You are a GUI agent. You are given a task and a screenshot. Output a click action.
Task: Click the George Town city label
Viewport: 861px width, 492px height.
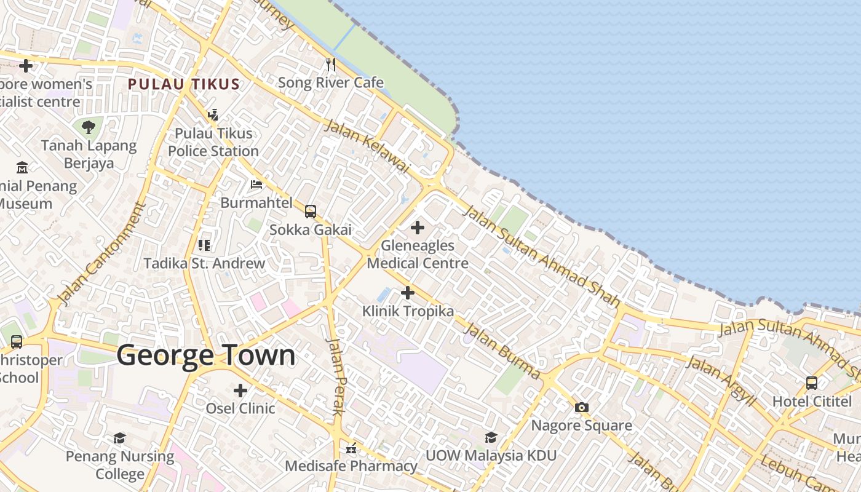tap(205, 355)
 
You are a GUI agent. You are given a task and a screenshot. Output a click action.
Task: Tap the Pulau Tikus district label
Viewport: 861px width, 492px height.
tap(183, 84)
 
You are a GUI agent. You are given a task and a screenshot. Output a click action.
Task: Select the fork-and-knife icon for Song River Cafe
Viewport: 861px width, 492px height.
tap(331, 64)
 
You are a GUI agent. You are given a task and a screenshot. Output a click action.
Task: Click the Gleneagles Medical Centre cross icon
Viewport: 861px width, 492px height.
tap(418, 228)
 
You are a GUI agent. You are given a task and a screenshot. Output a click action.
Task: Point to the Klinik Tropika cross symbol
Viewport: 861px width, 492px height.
tap(407, 293)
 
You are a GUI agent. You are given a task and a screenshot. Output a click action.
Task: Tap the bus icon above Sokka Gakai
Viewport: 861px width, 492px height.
tap(311, 212)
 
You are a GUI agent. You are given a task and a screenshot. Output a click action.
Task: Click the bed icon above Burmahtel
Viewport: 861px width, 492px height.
tap(256, 184)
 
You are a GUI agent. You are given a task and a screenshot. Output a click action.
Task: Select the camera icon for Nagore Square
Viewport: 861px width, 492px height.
tap(581, 407)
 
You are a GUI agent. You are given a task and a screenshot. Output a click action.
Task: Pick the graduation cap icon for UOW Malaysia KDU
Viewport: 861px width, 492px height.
tap(491, 437)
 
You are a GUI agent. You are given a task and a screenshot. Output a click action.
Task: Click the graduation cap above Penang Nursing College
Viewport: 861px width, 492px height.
tap(119, 438)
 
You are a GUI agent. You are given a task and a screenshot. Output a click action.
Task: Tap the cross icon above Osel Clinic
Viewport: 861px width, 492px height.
tap(240, 390)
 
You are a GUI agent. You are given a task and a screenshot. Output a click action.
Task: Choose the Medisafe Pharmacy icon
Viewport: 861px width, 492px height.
tap(351, 448)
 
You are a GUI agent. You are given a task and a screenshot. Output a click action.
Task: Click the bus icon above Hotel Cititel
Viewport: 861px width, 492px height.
tap(811, 383)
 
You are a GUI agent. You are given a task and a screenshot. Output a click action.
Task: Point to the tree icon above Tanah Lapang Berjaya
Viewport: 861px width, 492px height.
tap(89, 127)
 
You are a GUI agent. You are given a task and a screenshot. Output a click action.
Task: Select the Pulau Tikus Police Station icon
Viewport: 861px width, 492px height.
tap(213, 114)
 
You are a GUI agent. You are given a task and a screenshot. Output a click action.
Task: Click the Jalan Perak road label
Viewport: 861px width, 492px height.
tap(335, 376)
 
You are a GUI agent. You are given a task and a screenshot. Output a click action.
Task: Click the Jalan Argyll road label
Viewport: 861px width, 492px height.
tap(720, 381)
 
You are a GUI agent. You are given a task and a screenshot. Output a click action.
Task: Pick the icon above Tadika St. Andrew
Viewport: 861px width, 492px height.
tap(204, 245)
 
